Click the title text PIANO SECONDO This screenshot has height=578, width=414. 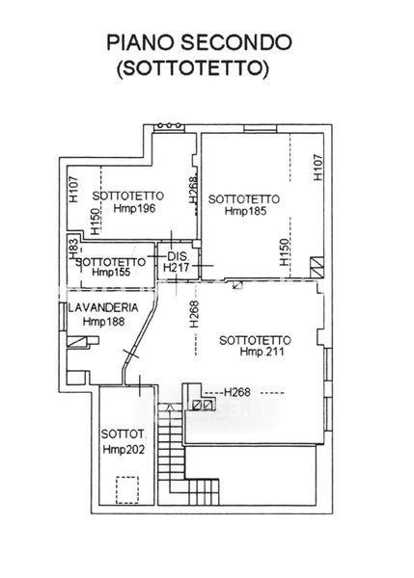coord(199,42)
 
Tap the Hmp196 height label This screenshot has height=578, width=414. coord(134,209)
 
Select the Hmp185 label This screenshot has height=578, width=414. coord(245,211)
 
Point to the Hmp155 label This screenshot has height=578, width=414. coord(111,272)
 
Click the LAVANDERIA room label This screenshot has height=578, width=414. coord(103,307)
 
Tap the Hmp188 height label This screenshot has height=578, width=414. coord(104,322)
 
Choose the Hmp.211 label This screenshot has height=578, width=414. coord(262,352)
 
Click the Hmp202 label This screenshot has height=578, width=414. coord(124,449)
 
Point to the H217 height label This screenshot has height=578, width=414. coord(177,267)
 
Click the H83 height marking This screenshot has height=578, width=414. coord(73,248)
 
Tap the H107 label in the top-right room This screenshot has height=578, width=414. coord(317,167)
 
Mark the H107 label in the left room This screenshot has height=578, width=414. coord(74,189)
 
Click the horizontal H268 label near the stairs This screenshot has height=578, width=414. coord(237,393)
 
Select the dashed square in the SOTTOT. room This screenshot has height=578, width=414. coord(127,490)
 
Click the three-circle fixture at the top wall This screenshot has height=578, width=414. coord(169,125)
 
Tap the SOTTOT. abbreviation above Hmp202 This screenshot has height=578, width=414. coord(124,434)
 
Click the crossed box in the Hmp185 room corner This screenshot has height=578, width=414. coord(317,267)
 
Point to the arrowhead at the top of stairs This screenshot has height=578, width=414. coord(170,407)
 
